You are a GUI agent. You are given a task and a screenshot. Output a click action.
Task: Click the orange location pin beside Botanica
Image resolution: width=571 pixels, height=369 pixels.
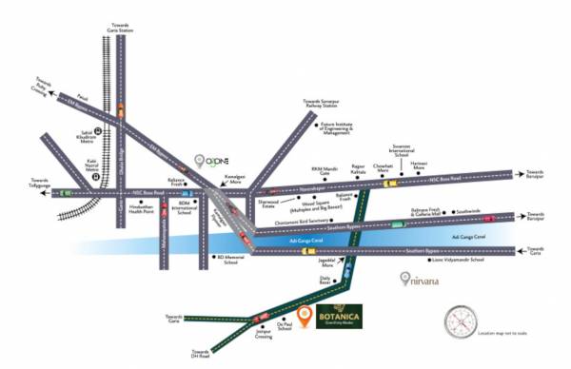pyautogui.click(x=304, y=318)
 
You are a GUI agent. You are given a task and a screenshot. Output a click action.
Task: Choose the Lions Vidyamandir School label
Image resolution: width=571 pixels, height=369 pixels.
pyautogui.click(x=458, y=259)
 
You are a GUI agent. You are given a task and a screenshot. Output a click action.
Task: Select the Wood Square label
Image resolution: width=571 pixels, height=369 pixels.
pyautogui.click(x=301, y=203)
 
